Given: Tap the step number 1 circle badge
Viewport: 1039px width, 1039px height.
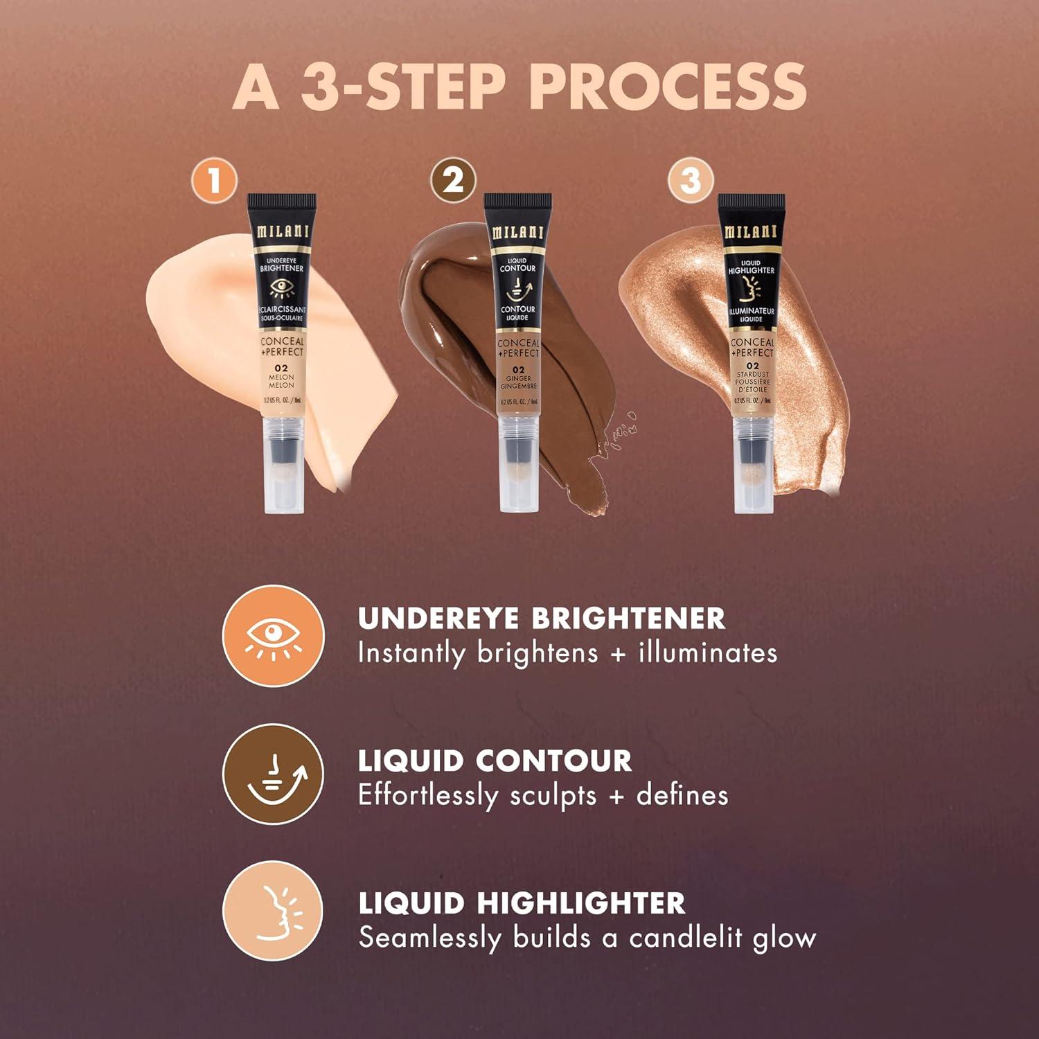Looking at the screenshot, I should tap(214, 181).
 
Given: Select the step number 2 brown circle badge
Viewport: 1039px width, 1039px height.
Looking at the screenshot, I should tap(453, 180).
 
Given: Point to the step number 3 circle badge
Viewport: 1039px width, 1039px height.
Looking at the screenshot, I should tap(691, 180).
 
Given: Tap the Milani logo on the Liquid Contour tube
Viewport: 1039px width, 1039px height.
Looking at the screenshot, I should tap(517, 233).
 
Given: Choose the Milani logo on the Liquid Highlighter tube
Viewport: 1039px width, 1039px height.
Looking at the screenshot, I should tap(752, 232).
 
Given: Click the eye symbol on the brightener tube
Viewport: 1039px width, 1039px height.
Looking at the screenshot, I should tap(281, 287).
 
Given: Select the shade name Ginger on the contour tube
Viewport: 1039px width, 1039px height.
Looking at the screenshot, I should tap(518, 379).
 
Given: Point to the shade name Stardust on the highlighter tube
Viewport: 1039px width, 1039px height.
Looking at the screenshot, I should tap(752, 374).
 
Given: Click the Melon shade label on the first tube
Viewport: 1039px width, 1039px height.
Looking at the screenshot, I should tap(281, 378).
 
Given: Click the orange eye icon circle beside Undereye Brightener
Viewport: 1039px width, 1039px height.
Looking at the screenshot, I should tap(273, 636).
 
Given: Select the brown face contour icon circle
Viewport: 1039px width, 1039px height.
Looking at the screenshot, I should tap(273, 774).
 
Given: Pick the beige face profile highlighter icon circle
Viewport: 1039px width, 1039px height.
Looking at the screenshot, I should tap(273, 911).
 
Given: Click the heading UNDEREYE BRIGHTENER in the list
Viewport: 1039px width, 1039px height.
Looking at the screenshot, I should tap(541, 619).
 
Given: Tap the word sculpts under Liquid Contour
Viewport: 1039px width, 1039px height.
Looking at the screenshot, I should tap(553, 796).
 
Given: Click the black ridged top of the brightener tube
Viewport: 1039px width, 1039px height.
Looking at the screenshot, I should tap(283, 203).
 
